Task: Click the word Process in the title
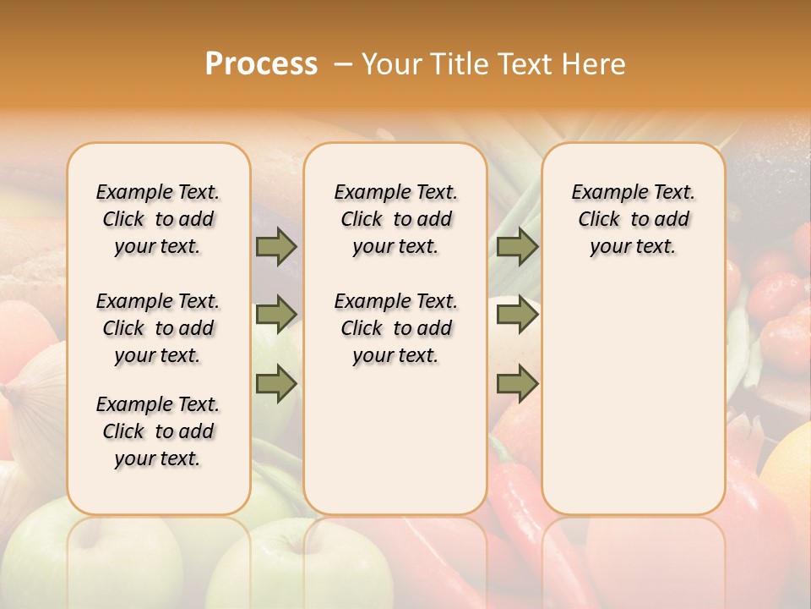(x=261, y=64)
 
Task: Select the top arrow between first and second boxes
(x=276, y=247)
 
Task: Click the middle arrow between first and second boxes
(x=276, y=315)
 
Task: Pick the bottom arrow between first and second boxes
(x=276, y=383)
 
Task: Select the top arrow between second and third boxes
(x=517, y=247)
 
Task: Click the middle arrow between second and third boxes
(x=517, y=315)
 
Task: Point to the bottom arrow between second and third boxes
(x=517, y=383)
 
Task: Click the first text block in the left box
(x=158, y=219)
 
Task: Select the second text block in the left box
(x=158, y=328)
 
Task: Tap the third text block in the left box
(x=158, y=431)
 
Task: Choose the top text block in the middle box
(x=395, y=219)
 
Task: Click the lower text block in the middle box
(x=395, y=328)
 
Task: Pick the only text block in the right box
(x=633, y=219)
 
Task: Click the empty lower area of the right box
(x=633, y=398)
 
